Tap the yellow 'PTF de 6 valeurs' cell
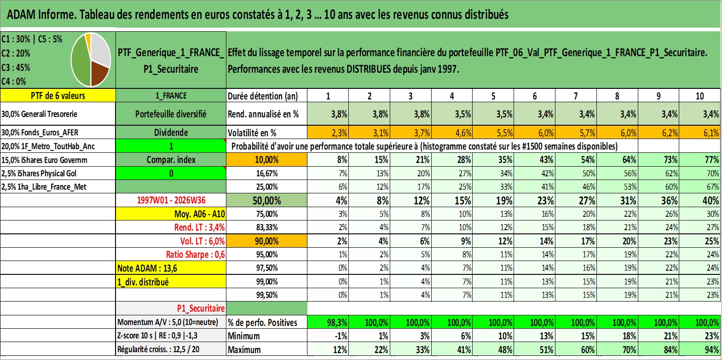pyautogui.click(x=58, y=95)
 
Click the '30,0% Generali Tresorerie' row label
pyautogui.click(x=39, y=114)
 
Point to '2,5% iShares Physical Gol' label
pyautogui.click(x=39, y=174)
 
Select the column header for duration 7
pyautogui.click(x=576, y=96)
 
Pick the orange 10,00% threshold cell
pyautogui.click(x=266, y=160)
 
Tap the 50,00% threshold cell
pyautogui.click(x=266, y=200)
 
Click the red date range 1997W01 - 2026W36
pyautogui.click(x=171, y=200)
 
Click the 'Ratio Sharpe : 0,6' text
pyautogui.click(x=195, y=255)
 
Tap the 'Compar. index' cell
pyautogui.click(x=171, y=160)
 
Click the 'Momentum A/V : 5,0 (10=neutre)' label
pyautogui.click(x=168, y=322)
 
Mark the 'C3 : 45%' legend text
pyautogui.click(x=16, y=67)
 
